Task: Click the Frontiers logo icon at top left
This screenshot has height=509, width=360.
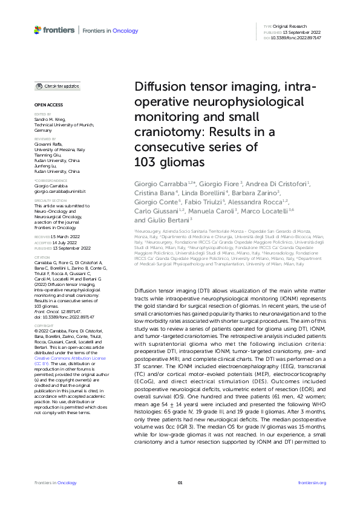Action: (38, 30)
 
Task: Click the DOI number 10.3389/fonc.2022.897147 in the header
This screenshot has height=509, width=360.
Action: (296, 37)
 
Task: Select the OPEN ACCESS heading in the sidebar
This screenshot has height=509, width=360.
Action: (45, 105)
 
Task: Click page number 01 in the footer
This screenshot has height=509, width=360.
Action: (180, 482)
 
